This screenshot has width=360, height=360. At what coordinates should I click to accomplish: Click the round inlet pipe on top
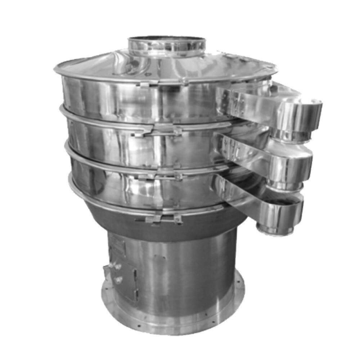[x=166, y=45]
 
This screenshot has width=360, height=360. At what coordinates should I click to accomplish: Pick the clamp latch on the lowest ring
[x=155, y=219]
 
